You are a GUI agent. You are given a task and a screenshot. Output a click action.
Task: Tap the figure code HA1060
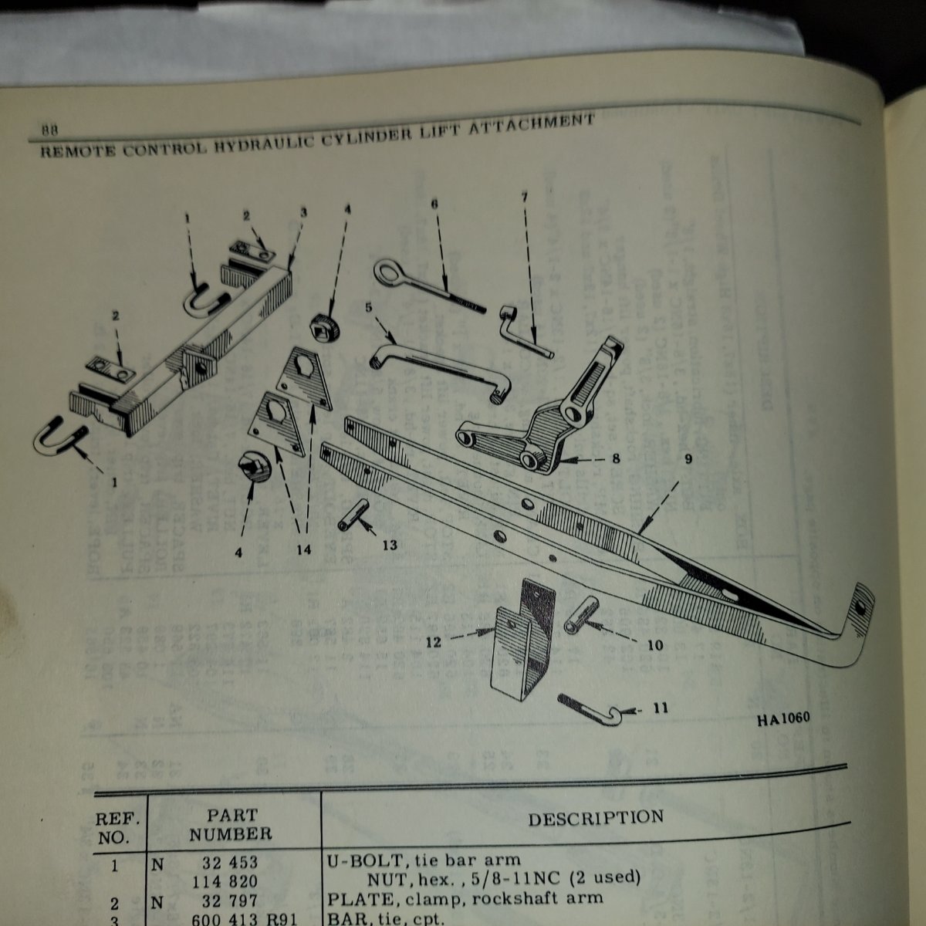pyautogui.click(x=782, y=719)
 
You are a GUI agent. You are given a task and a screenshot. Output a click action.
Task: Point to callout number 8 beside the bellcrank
pyautogui.click(x=615, y=458)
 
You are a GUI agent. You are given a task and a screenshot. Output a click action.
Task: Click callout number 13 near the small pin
pyautogui.click(x=390, y=546)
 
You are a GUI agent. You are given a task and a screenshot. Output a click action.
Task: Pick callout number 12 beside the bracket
pyautogui.click(x=434, y=641)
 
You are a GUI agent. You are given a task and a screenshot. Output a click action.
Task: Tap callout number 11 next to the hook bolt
pyautogui.click(x=660, y=708)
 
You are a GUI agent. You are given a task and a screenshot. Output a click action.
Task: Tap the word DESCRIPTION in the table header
pyautogui.click(x=595, y=818)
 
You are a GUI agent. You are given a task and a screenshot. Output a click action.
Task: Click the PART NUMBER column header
pyautogui.click(x=231, y=824)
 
